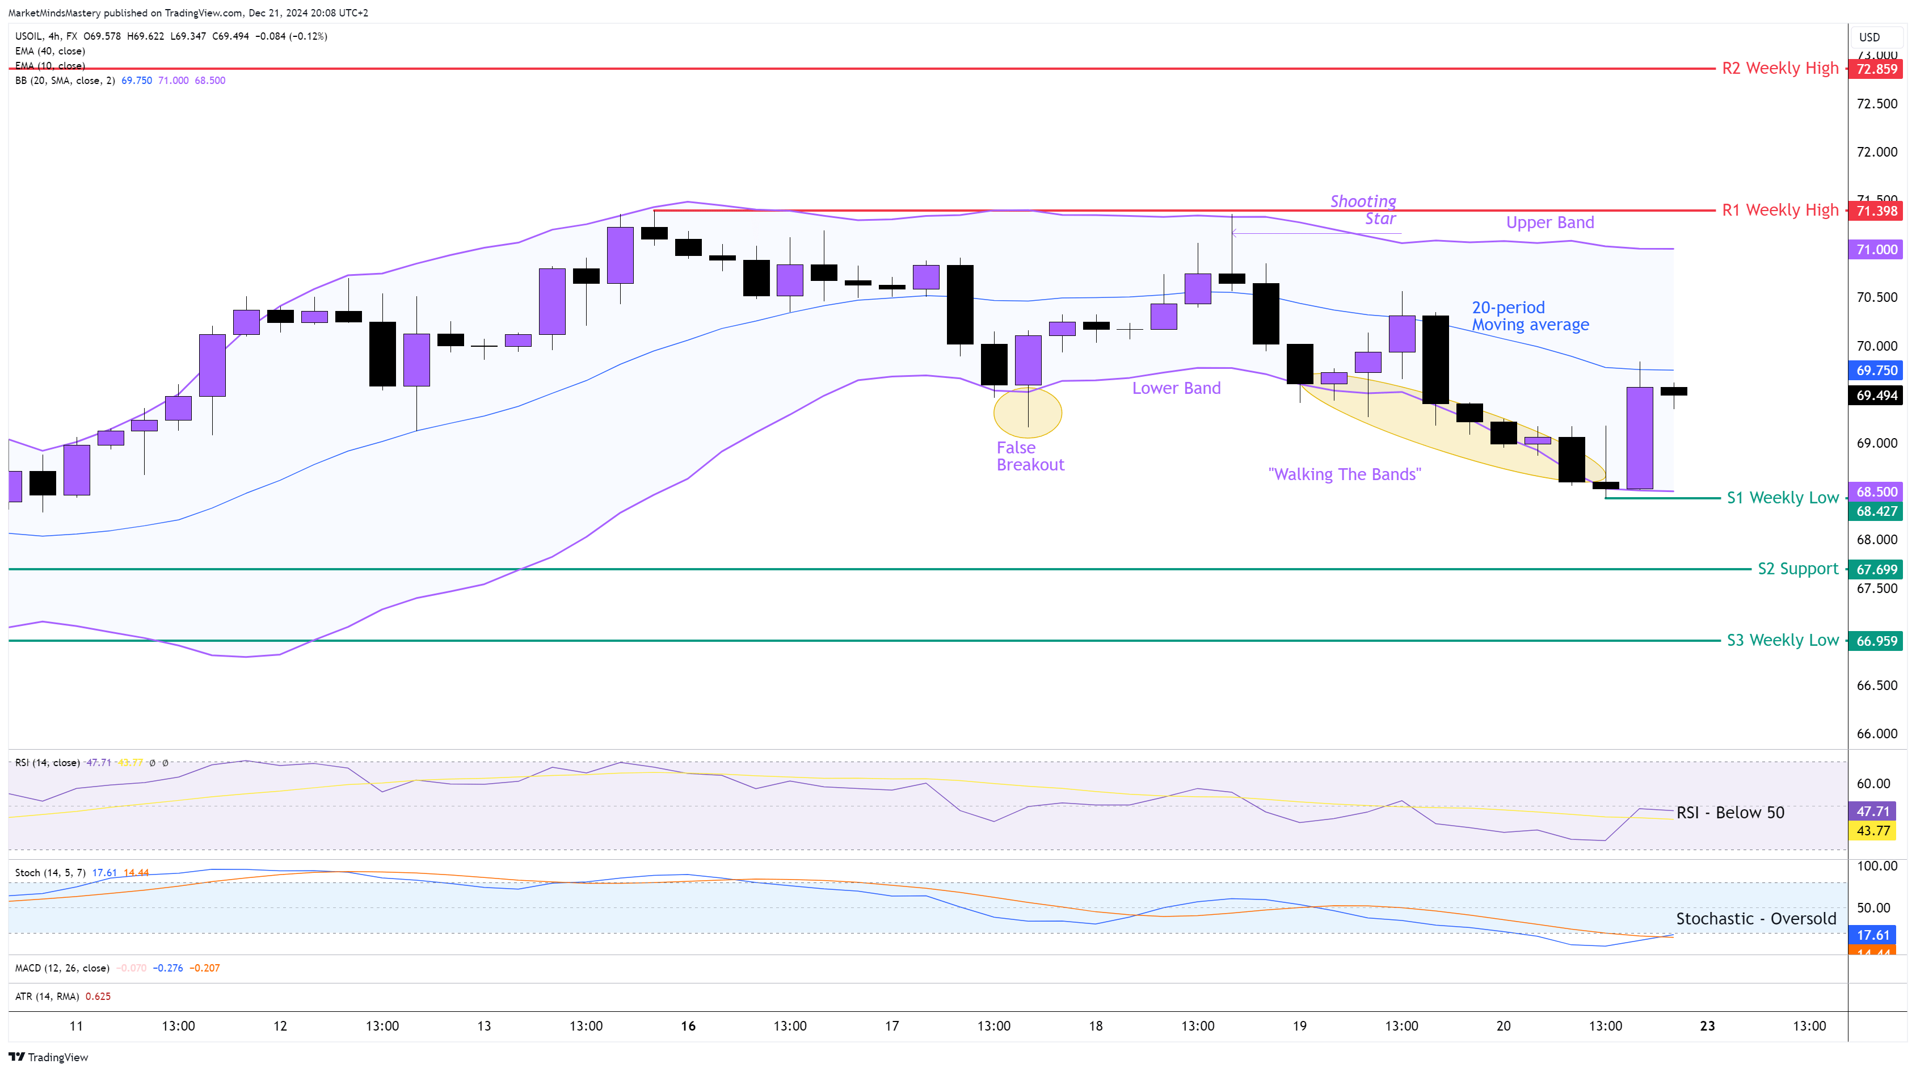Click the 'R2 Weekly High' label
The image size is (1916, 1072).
coord(1779,69)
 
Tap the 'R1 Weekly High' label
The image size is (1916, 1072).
coord(1779,211)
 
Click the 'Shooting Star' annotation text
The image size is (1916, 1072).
coord(1363,210)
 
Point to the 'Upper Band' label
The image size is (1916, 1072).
coord(1549,222)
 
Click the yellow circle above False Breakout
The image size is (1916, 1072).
coord(1027,412)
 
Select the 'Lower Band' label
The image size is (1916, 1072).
coord(1176,388)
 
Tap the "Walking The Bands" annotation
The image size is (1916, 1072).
coord(1344,474)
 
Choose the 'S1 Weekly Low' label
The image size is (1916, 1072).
coord(1782,498)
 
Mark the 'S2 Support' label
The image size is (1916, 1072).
coord(1797,569)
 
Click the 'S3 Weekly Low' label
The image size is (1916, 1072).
coord(1782,641)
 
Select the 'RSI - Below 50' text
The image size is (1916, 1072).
coord(1729,812)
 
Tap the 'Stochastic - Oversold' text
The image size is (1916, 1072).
coord(1755,919)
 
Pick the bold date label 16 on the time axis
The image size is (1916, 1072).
coord(688,1026)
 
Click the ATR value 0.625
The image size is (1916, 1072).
coord(98,996)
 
